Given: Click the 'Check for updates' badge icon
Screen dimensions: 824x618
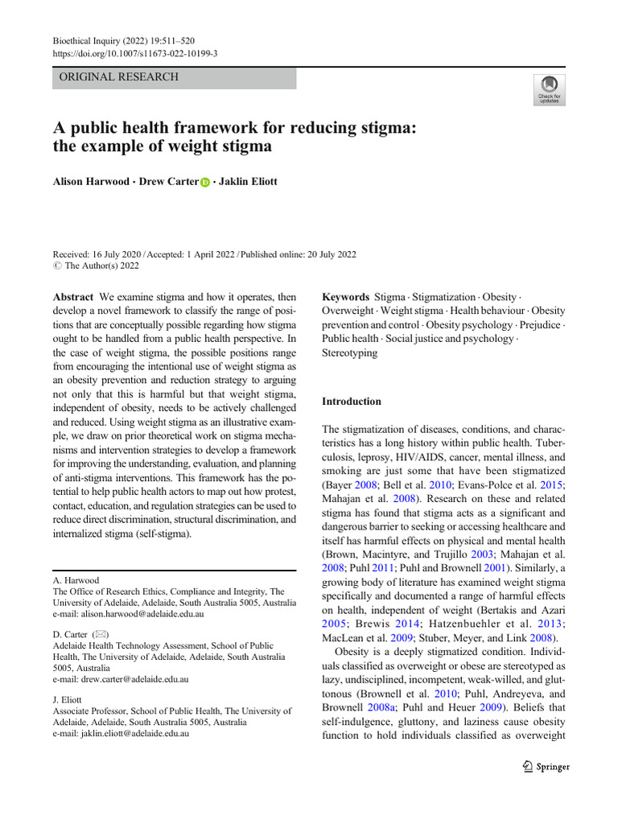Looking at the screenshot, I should point(550,87).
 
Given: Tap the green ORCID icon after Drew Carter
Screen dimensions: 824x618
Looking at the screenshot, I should point(205,183).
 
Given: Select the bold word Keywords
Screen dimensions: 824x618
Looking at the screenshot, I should point(345,296).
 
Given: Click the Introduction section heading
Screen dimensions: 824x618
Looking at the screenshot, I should point(352,401).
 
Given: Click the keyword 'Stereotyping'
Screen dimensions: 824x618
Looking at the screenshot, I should point(349,352).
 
